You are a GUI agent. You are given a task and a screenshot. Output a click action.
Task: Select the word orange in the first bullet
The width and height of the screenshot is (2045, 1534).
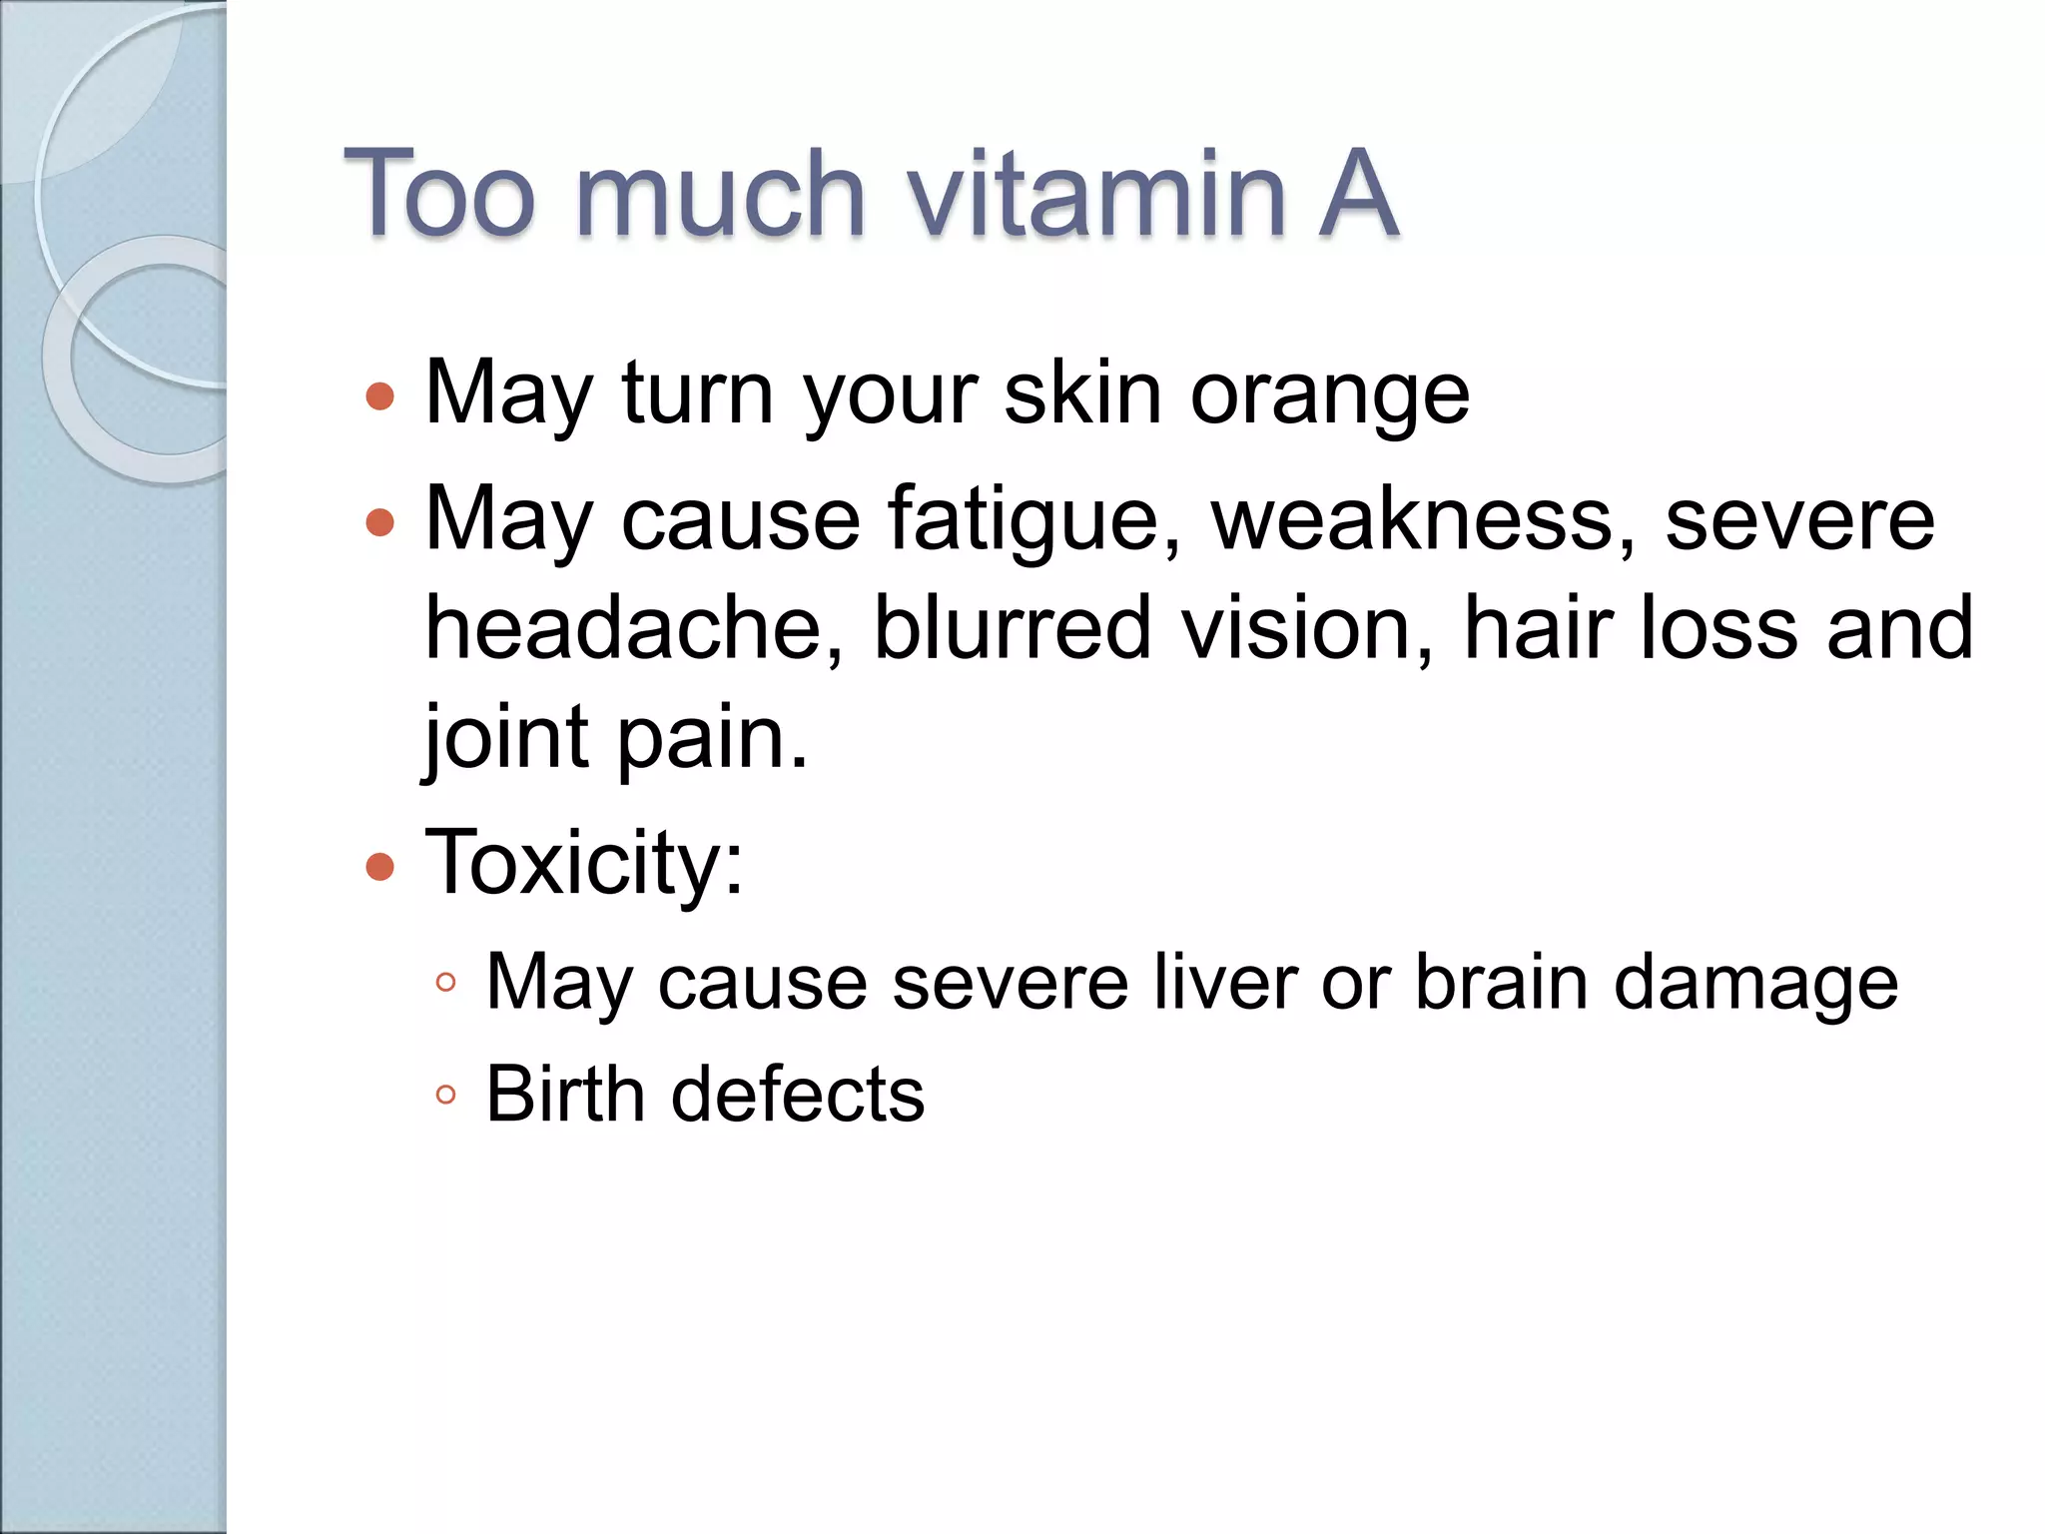tap(1329, 394)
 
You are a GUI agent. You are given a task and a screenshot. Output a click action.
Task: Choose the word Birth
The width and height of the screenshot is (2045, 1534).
tap(566, 1094)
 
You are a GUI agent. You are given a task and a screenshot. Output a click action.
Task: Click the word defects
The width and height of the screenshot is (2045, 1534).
tap(798, 1094)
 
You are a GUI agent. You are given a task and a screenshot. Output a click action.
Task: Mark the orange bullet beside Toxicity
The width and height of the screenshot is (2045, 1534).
tap(380, 866)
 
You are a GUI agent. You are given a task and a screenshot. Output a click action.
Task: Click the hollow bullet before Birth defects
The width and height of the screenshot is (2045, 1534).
tap(446, 1095)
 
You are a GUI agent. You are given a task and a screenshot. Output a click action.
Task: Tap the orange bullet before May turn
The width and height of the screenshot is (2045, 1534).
tap(380, 396)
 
